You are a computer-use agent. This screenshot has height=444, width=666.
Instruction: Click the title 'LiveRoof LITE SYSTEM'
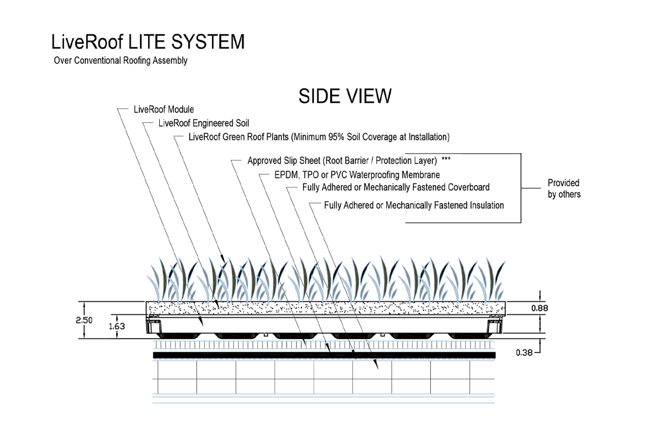[x=147, y=42]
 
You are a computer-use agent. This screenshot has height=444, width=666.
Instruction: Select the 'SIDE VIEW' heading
[x=345, y=96]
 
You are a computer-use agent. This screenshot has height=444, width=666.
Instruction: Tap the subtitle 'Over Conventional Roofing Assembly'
[x=120, y=60]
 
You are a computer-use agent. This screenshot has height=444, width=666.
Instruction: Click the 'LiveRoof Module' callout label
[x=164, y=109]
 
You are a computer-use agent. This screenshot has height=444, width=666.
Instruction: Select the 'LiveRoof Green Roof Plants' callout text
[x=319, y=137]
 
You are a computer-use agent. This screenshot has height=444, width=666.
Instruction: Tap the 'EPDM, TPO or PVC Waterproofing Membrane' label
[x=357, y=175]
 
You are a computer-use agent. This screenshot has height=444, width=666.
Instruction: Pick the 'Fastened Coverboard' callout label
[x=396, y=187]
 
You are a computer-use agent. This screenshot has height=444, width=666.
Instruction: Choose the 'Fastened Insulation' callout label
[x=414, y=205]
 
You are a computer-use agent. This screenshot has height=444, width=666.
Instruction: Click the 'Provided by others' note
[x=564, y=189]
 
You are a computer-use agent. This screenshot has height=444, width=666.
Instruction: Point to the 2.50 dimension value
[x=84, y=320]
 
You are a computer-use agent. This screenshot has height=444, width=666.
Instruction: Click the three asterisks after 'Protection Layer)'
[x=446, y=160]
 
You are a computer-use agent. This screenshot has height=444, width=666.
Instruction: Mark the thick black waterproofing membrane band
[x=325, y=355]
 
